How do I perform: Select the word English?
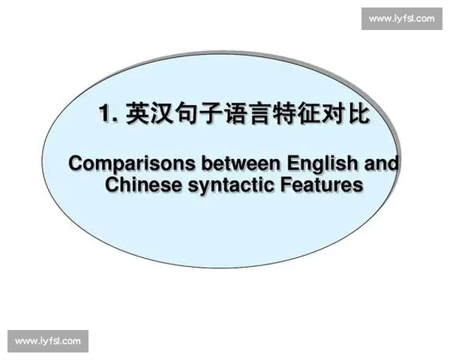click(314, 163)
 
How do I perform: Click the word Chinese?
click(143, 184)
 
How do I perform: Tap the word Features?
click(321, 184)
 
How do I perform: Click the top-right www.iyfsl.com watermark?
click(401, 19)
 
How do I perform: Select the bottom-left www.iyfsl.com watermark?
click(48, 341)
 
